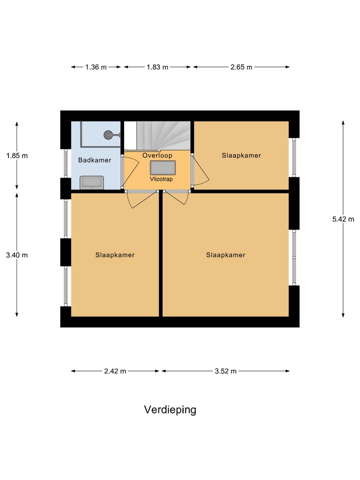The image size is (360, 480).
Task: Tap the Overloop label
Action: click(157, 155)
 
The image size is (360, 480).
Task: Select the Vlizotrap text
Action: click(161, 178)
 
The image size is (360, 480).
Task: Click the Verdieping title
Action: click(170, 410)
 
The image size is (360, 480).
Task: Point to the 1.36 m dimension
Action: click(95, 67)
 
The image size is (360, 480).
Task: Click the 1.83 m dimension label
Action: click(157, 67)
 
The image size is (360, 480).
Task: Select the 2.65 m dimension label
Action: click(241, 67)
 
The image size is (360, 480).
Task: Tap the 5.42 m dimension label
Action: click(343, 219)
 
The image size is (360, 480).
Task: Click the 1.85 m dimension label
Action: click(17, 155)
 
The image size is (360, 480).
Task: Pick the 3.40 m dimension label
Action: click(17, 255)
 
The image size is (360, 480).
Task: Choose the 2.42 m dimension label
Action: click(115, 371)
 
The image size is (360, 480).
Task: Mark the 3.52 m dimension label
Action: click(225, 371)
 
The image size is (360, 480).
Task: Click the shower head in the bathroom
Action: click(108, 134)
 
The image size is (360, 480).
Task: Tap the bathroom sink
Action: click(92, 182)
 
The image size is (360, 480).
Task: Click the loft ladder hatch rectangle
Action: click(161, 167)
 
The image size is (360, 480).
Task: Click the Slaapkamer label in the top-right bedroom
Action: click(241, 155)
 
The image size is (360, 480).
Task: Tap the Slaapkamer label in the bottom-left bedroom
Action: click(115, 255)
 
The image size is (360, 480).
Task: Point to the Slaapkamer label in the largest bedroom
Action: click(225, 255)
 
